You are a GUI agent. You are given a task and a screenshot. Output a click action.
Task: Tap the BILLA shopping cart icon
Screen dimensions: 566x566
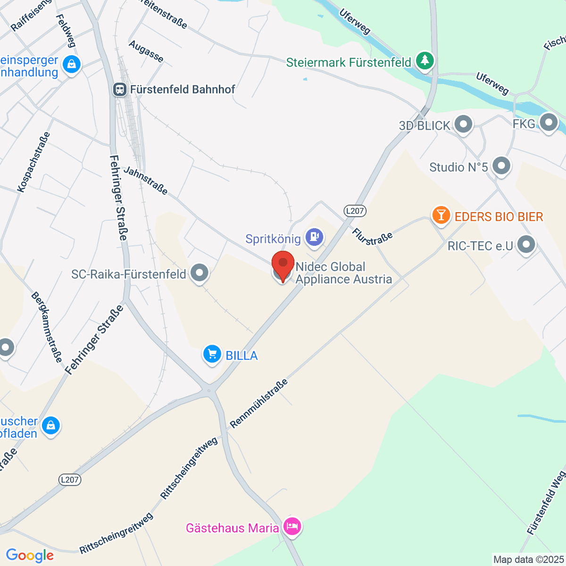[212, 354]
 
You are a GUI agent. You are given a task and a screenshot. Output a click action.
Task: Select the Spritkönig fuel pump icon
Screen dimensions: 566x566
[314, 237]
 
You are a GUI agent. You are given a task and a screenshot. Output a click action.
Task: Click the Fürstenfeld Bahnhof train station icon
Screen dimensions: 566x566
[120, 89]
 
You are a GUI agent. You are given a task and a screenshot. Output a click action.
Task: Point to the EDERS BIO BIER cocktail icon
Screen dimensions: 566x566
[441, 216]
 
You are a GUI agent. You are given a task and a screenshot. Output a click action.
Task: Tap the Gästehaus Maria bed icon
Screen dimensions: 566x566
[292, 526]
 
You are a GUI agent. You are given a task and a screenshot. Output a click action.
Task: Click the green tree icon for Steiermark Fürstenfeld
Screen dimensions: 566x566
[425, 60]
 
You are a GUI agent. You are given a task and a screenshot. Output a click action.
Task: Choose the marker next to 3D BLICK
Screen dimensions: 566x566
[463, 125]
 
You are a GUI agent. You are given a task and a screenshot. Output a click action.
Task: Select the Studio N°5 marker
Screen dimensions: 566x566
[501, 166]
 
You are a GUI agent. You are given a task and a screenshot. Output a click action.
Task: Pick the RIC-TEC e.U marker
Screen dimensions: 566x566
[526, 244]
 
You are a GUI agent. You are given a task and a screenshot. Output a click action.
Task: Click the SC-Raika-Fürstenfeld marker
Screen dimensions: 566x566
[200, 273]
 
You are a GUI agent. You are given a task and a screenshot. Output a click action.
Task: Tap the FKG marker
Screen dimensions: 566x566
[548, 123]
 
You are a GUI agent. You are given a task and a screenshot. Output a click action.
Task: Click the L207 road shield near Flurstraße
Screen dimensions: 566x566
[355, 211]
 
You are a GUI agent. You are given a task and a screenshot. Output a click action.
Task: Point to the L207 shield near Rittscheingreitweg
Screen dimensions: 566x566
[70, 480]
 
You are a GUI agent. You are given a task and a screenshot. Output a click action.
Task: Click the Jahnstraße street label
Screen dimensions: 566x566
[145, 180]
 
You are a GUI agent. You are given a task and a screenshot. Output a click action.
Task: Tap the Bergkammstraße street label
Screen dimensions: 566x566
[47, 327]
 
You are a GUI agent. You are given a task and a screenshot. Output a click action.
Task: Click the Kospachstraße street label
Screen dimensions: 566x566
[34, 162]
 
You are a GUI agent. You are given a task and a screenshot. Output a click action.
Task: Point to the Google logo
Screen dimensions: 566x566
[30, 555]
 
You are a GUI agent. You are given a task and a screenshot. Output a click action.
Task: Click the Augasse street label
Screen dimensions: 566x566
[146, 51]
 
